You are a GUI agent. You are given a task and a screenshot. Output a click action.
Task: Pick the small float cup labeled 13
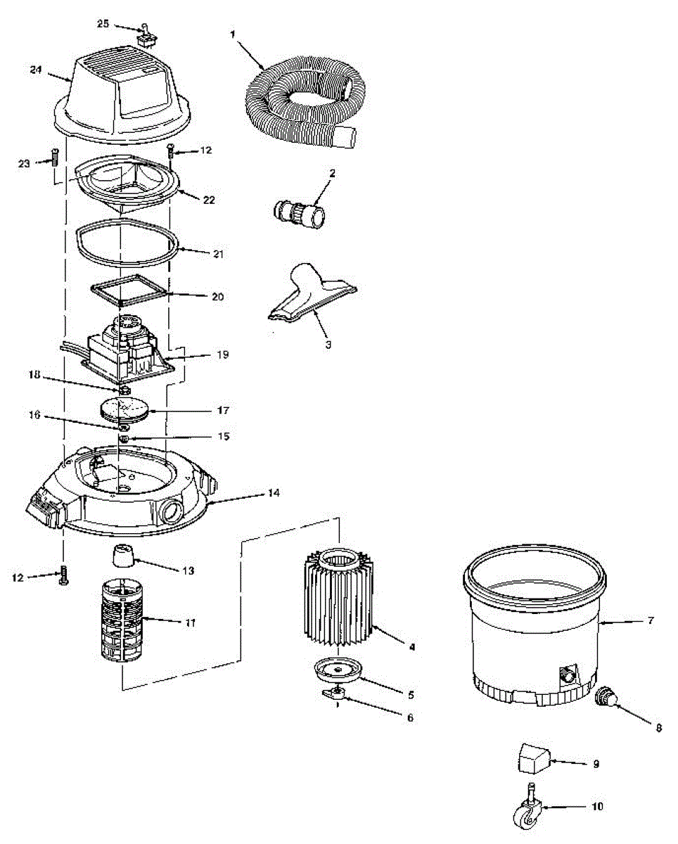122,559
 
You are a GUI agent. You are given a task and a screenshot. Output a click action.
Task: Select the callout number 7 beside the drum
651,621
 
